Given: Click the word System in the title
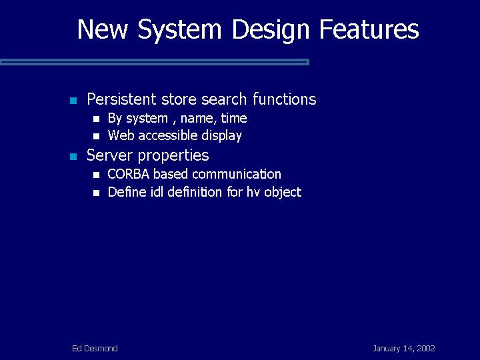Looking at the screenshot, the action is click(x=180, y=30).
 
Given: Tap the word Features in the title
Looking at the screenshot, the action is click(x=369, y=29).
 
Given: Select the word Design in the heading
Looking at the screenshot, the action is click(x=271, y=30).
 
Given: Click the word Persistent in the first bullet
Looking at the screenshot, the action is click(x=121, y=99).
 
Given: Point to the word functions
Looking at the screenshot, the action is click(x=285, y=99).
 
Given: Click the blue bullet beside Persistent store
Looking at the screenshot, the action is click(x=73, y=101).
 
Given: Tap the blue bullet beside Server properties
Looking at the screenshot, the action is click(x=73, y=157).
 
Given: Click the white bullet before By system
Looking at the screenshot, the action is click(x=96, y=119).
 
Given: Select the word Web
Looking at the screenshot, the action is click(x=121, y=135).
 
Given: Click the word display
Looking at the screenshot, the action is click(x=221, y=136).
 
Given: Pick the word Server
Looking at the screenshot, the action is click(x=111, y=155).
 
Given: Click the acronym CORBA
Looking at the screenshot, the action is click(x=128, y=174).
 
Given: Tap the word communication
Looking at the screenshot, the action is click(x=237, y=174).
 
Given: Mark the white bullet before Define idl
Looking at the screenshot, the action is click(x=96, y=193).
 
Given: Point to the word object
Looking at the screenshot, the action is click(x=283, y=193).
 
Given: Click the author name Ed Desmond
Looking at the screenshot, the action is click(x=95, y=349).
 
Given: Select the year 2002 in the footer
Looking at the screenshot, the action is click(x=426, y=349).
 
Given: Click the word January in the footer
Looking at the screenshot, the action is click(x=386, y=349).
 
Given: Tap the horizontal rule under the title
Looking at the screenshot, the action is click(x=155, y=62).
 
